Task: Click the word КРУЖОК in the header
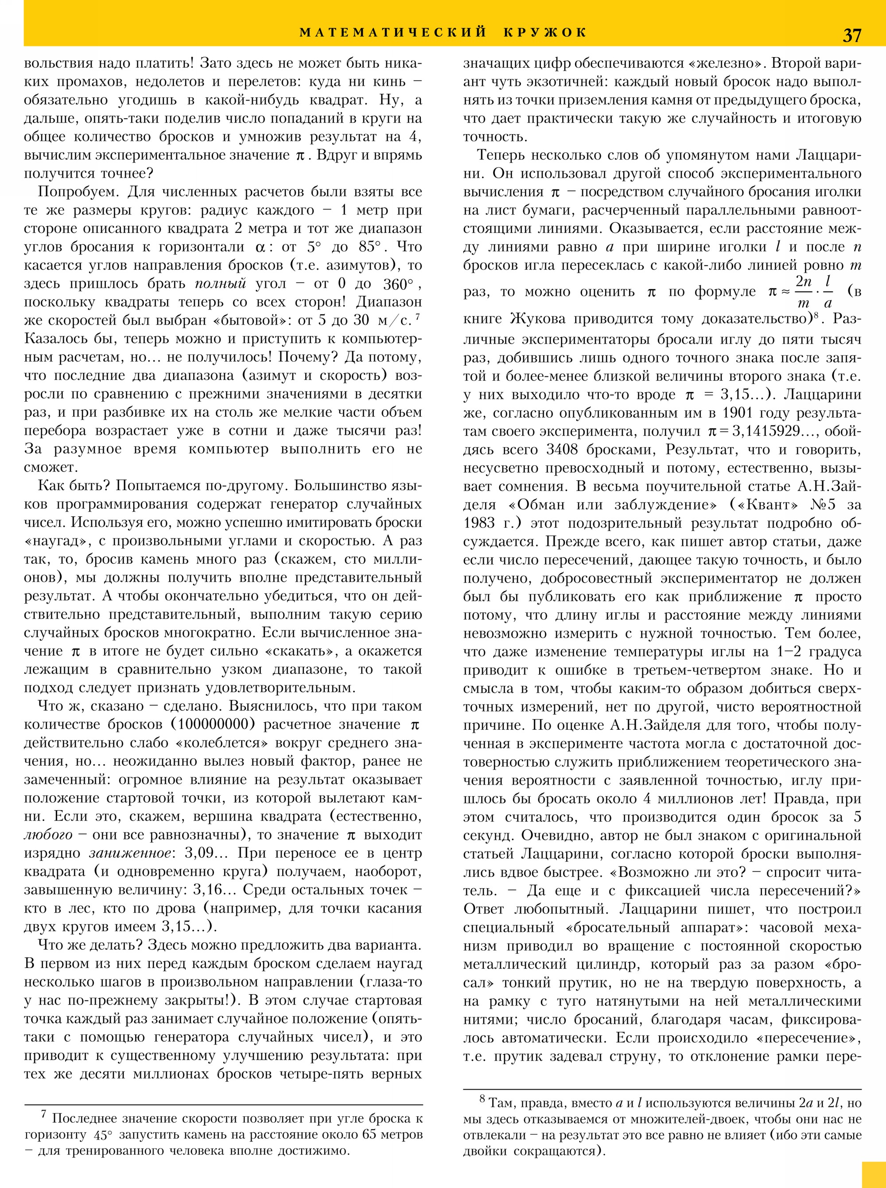pos(545,32)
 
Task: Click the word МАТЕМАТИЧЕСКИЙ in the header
pos(392,32)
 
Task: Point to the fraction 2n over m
pos(803,292)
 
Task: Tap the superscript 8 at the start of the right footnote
pos(482,1099)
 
